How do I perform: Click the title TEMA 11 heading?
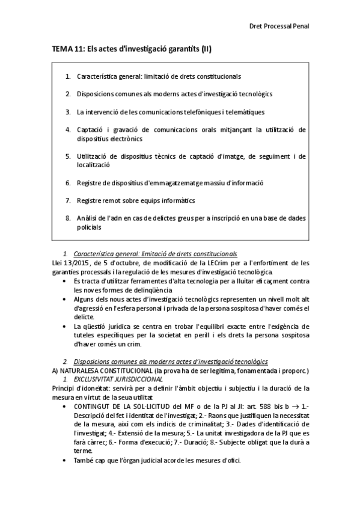[131, 52]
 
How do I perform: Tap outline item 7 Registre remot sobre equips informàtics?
[135, 200]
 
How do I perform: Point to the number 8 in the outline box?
[68, 217]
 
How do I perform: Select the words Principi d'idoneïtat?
[78, 388]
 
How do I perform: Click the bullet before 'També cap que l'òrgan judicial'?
[64, 461]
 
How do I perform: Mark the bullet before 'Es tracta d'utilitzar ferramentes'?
[64, 281]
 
